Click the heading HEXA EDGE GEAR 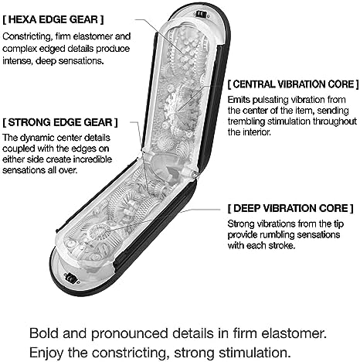53,20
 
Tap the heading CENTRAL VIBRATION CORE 294,84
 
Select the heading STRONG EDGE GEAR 60,122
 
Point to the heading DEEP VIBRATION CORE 290,208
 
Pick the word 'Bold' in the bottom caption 44,333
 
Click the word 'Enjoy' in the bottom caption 46,353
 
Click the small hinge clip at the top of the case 202,15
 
